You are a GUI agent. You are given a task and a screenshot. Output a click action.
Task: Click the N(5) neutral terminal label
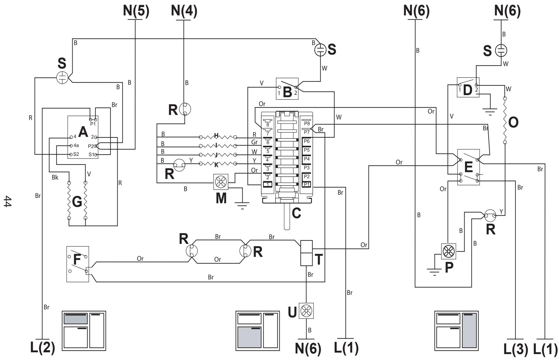click(x=136, y=11)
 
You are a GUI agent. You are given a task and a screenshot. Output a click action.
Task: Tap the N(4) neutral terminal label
click(x=184, y=11)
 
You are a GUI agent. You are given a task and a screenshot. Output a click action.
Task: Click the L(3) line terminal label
click(x=516, y=349)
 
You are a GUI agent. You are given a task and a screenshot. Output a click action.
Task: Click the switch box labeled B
click(x=287, y=89)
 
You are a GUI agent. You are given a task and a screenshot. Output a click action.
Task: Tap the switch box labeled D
click(x=468, y=87)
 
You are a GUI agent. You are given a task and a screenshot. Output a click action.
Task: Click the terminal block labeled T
click(x=306, y=253)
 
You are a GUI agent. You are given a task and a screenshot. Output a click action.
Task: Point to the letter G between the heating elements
click(x=77, y=202)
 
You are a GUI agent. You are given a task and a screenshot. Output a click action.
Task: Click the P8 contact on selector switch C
click(x=307, y=124)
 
